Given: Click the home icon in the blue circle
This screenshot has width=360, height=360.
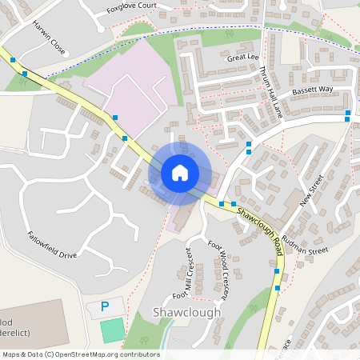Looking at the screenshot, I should (x=179, y=172).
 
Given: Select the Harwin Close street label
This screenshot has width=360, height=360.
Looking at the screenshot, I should (x=49, y=48).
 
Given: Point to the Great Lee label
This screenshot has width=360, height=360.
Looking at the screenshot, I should (x=243, y=58).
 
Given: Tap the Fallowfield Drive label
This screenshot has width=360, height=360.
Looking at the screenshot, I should (x=52, y=245).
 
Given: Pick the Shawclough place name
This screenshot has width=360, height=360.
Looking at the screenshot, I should (x=186, y=312).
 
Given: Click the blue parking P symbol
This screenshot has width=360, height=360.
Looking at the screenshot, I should (x=104, y=306).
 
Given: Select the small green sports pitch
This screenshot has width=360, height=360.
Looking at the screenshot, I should (x=113, y=330).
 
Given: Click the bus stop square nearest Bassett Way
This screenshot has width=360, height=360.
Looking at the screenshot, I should (x=347, y=119).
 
